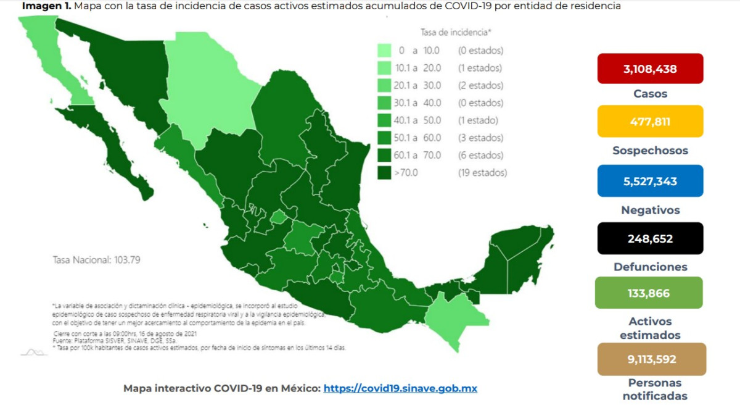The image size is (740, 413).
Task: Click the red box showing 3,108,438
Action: pyautogui.click(x=650, y=69)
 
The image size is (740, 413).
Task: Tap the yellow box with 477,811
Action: pyautogui.click(x=650, y=121)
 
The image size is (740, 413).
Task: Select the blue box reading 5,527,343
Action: pyautogui.click(x=650, y=181)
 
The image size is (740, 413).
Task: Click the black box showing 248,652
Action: pyautogui.click(x=650, y=238)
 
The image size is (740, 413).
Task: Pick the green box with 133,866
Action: pyautogui.click(x=649, y=293)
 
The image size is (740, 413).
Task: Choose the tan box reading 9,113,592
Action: pyautogui.click(x=650, y=359)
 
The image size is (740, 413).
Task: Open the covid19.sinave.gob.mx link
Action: pyautogui.click(x=400, y=388)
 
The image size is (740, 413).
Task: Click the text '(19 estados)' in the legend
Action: pyautogui.click(x=482, y=173)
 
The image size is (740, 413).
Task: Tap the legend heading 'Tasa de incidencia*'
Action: pyautogui.click(x=455, y=32)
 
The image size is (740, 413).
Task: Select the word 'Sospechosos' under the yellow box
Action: pyautogui.click(x=650, y=151)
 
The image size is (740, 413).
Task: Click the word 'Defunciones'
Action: pyautogui.click(x=650, y=267)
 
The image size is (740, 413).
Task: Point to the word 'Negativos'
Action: pyautogui.click(x=650, y=211)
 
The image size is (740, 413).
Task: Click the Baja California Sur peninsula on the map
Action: pyautogui.click(x=123, y=154)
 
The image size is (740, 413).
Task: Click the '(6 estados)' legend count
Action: pyautogui.click(x=480, y=156)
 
